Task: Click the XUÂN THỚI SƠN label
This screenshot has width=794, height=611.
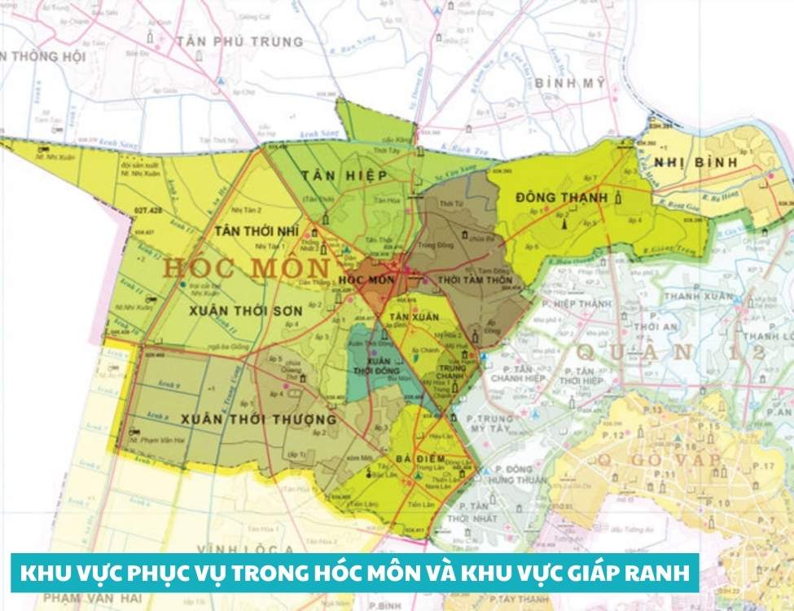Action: click(235, 310)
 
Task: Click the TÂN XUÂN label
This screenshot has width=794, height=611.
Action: click(410, 315)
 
